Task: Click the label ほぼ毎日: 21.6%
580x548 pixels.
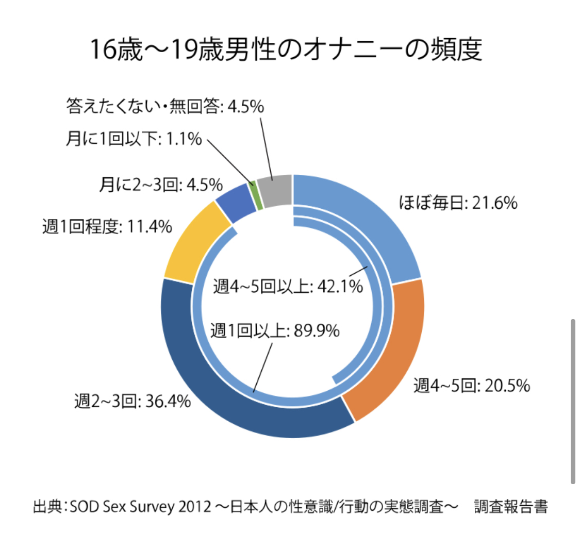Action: click(x=458, y=204)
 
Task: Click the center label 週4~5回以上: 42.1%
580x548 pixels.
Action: click(x=288, y=286)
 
